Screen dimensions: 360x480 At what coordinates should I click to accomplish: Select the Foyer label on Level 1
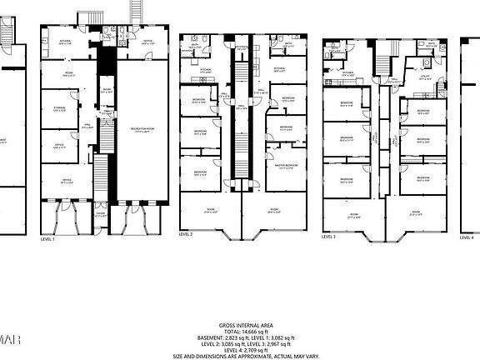[x=101, y=214]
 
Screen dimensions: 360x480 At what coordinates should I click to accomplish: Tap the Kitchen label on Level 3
[x=347, y=73]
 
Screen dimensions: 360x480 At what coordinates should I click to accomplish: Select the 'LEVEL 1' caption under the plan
[x=47, y=238]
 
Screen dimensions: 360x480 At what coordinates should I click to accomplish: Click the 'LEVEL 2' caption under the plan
[x=186, y=235]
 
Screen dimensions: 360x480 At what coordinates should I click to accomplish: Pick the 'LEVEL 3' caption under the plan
[x=329, y=237]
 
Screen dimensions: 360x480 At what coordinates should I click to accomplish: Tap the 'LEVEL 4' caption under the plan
[x=467, y=237]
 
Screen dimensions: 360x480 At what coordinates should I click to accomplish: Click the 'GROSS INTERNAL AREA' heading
[x=240, y=326]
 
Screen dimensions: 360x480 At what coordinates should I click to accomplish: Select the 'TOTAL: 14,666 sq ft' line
[x=240, y=332]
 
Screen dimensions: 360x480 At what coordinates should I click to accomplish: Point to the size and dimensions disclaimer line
[x=240, y=355]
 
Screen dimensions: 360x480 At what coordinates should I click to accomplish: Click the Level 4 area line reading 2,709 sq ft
[x=240, y=349]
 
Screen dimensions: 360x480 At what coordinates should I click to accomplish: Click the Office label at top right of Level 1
[x=146, y=41]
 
